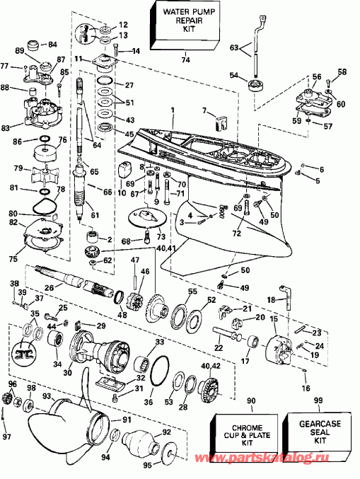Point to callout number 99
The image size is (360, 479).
pyautogui.click(x=318, y=400)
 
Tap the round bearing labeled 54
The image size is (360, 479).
pyautogui.click(x=252, y=88)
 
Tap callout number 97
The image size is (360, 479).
pyautogui.click(x=6, y=437)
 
